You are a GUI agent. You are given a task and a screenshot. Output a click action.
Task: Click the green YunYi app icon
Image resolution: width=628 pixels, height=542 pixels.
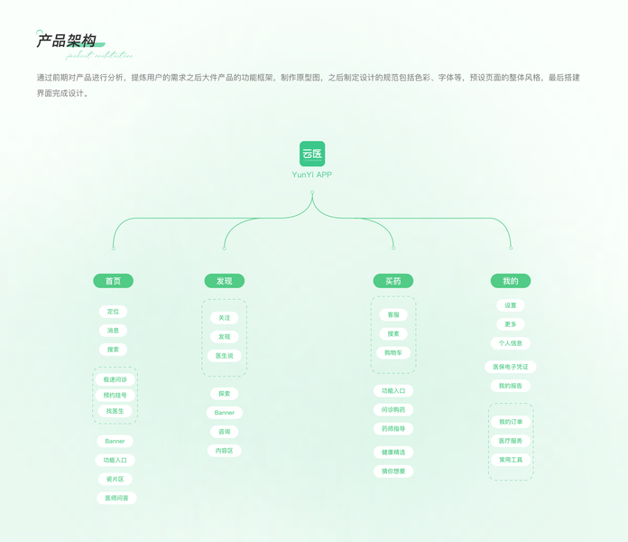coord(312,154)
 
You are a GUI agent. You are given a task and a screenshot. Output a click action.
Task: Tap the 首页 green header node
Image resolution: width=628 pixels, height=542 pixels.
coord(113,281)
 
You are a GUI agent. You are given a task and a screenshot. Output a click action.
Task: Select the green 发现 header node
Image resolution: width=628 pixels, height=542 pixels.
coord(224,281)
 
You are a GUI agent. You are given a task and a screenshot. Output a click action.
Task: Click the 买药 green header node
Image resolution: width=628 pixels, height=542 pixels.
coord(393,281)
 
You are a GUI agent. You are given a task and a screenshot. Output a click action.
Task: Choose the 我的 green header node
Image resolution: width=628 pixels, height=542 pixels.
coord(511,281)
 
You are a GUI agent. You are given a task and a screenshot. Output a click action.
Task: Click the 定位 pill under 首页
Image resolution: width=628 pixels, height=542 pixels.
coord(114,312)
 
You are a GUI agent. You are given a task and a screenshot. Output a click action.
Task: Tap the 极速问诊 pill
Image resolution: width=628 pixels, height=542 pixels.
coord(115,379)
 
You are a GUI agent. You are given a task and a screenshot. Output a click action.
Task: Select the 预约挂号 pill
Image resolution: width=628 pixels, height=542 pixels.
coord(115,395)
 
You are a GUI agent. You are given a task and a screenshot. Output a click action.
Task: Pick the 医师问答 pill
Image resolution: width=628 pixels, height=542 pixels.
coord(116,498)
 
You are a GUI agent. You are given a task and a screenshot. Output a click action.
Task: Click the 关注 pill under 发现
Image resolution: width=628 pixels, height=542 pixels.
coord(224,318)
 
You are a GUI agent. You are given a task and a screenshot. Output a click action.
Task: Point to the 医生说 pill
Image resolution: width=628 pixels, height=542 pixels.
coord(224,356)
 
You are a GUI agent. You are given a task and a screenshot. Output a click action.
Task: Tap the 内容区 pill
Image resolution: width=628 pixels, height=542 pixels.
coord(224,451)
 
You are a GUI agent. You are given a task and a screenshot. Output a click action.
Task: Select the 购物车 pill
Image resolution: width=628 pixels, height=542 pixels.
coord(393,353)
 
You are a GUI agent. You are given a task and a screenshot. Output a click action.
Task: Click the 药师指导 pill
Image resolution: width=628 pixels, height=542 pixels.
coord(393,429)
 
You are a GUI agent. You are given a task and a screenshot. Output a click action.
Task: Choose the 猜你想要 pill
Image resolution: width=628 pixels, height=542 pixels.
coord(393,472)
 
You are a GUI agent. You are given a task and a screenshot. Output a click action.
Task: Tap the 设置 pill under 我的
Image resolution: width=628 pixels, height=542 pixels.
coord(511,305)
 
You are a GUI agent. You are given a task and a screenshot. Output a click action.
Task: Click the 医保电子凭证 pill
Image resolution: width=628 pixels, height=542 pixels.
coord(511,367)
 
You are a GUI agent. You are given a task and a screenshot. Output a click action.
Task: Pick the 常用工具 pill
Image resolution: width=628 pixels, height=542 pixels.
coord(511,460)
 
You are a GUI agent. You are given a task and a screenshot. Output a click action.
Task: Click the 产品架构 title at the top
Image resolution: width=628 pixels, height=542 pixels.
coord(67,41)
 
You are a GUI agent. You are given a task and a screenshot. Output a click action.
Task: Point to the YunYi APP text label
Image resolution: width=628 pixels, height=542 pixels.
coord(312,174)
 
